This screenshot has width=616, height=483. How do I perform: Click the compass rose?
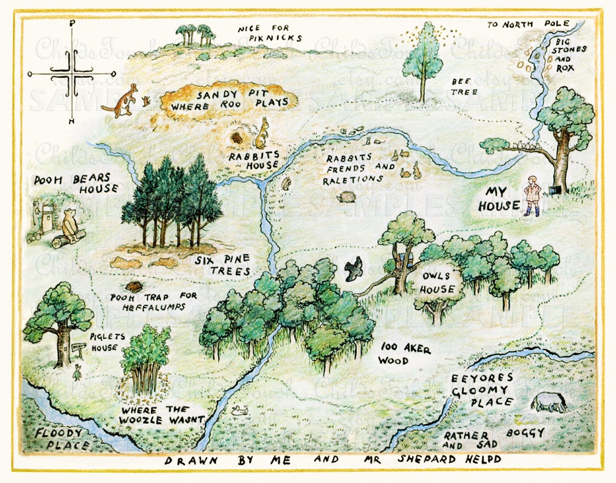pyautogui.click(x=72, y=73)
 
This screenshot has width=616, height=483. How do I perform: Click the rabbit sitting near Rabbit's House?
pyautogui.click(x=262, y=134)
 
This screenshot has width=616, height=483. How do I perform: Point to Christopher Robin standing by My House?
pyautogui.click(x=533, y=196)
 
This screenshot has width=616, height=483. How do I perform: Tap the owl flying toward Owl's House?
pyautogui.click(x=353, y=269)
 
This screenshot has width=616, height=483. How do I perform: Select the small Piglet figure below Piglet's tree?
pyautogui.click(x=77, y=371)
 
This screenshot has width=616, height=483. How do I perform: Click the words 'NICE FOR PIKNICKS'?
pyautogui.click(x=270, y=33)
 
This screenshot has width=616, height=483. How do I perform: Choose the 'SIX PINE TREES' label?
pyautogui.click(x=223, y=266)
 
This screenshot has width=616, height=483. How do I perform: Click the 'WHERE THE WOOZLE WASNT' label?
pyautogui.click(x=161, y=414)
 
